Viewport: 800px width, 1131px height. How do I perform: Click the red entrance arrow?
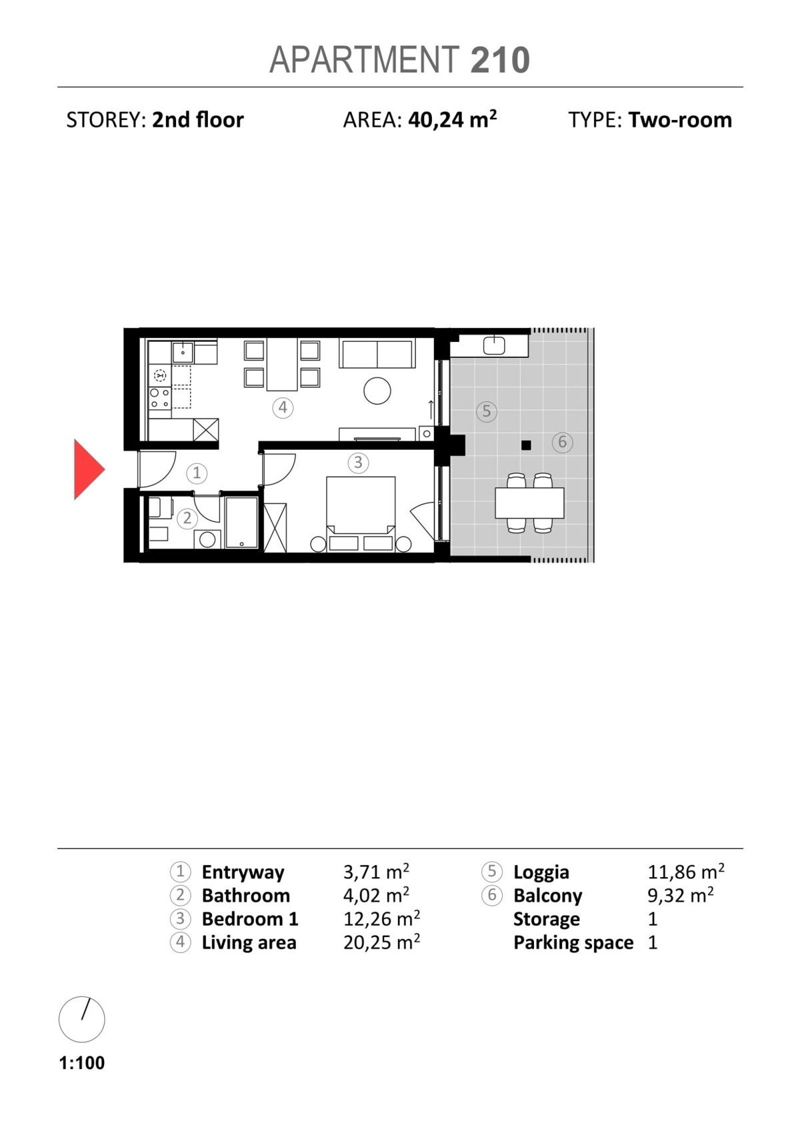(88, 469)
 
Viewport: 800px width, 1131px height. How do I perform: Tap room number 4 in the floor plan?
(283, 407)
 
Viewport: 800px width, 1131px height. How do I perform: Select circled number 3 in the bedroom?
(358, 462)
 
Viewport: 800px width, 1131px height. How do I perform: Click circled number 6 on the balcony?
(562, 441)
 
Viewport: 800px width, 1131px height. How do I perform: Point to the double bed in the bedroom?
(361, 507)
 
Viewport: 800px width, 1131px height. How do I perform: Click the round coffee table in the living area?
(377, 391)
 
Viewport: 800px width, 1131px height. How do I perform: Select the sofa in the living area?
(377, 354)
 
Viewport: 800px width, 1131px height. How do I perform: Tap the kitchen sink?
(183, 351)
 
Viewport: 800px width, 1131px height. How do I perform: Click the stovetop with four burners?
(159, 398)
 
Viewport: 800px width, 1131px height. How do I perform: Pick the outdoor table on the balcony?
(529, 503)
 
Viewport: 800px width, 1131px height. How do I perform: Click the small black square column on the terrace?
(526, 445)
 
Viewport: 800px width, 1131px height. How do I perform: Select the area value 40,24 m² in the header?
(452, 120)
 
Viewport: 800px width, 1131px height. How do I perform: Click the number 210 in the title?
(500, 60)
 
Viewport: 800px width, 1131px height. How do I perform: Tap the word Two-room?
(679, 120)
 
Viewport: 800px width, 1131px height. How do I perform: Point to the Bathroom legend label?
(245, 895)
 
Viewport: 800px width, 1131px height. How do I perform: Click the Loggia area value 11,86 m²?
(685, 872)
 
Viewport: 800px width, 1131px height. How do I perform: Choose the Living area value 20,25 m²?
(381, 942)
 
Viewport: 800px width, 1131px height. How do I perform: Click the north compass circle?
(82, 1019)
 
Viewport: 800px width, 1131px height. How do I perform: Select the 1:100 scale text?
(82, 1062)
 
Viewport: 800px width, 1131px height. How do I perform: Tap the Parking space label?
(573, 942)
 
